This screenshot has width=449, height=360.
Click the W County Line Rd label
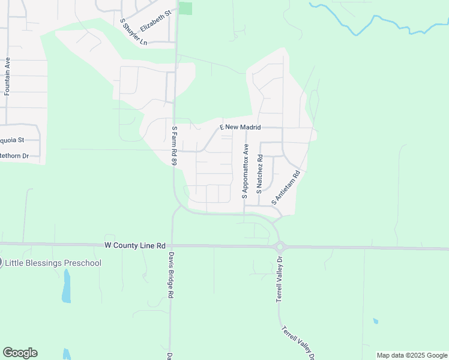click(134, 245)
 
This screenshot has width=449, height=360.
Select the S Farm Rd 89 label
click(174, 146)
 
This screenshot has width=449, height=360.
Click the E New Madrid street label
click(240, 127)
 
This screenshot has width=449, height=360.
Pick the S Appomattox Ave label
click(246, 171)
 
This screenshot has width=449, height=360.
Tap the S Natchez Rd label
click(260, 173)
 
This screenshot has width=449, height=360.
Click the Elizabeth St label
click(155, 20)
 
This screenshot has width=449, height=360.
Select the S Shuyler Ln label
click(133, 31)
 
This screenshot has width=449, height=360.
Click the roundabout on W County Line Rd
click(279, 246)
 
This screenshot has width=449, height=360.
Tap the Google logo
click(20, 353)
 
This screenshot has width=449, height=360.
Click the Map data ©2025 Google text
click(412, 355)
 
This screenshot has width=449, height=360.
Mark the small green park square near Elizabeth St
click(186, 8)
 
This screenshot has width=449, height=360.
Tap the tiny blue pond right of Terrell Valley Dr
click(375, 321)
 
